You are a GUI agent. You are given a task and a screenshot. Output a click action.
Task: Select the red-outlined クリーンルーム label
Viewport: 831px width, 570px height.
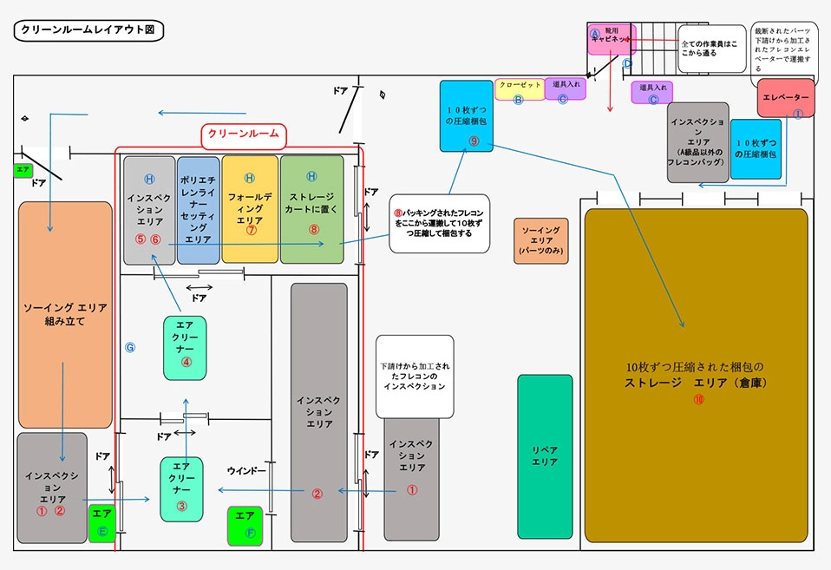pyautogui.click(x=244, y=134)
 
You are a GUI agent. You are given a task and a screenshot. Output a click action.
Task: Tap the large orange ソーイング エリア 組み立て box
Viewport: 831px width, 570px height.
pyautogui.click(x=66, y=314)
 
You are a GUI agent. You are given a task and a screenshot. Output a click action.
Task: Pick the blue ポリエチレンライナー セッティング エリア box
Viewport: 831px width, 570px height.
pyautogui.click(x=199, y=209)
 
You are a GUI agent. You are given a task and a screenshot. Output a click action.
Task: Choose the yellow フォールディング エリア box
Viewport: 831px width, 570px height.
pyautogui.click(x=250, y=209)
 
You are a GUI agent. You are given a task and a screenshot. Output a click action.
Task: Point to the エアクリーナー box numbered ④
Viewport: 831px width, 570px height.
pyautogui.click(x=184, y=347)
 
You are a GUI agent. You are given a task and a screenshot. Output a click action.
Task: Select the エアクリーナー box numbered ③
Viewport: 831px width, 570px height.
pyautogui.click(x=181, y=488)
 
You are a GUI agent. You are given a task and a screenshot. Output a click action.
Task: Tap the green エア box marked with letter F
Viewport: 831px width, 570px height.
pyautogui.click(x=245, y=526)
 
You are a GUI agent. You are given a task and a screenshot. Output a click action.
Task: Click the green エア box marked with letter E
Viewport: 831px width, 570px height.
pyautogui.click(x=102, y=523)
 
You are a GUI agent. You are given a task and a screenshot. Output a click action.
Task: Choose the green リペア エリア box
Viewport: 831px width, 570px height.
pyautogui.click(x=545, y=455)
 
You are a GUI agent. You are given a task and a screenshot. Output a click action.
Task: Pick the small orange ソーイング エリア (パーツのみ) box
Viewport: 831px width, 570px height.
pyautogui.click(x=540, y=240)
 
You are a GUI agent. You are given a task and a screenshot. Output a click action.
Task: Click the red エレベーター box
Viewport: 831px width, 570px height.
pyautogui.click(x=785, y=98)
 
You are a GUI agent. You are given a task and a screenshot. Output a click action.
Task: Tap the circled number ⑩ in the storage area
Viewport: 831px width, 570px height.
pyautogui.click(x=698, y=400)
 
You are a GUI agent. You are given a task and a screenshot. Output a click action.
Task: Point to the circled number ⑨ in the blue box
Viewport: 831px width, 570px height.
pyautogui.click(x=474, y=141)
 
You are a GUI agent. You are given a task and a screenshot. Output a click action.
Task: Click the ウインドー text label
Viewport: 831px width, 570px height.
pyautogui.click(x=246, y=471)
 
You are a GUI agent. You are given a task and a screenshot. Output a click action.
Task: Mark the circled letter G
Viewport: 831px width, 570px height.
pyautogui.click(x=130, y=347)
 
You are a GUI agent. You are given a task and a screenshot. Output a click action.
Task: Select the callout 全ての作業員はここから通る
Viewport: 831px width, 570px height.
pyautogui.click(x=710, y=49)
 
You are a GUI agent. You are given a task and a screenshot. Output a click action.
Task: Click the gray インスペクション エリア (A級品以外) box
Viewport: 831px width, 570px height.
pyautogui.click(x=697, y=142)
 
